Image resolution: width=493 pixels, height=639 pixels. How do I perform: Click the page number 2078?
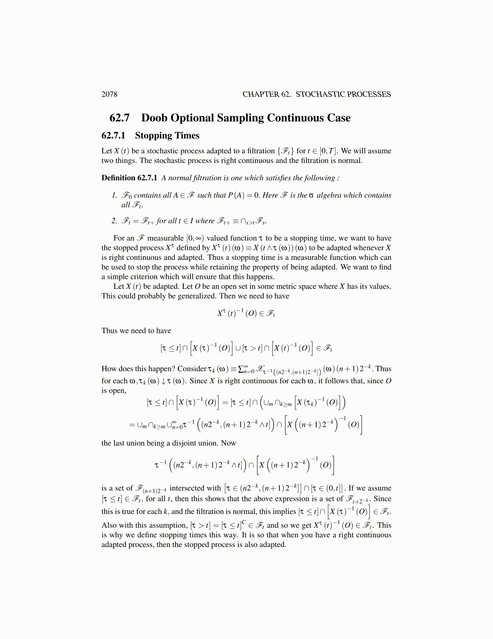[x=109, y=94]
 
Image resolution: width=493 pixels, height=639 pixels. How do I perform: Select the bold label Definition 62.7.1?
[x=129, y=178]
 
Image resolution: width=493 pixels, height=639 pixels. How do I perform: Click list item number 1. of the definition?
[x=114, y=195]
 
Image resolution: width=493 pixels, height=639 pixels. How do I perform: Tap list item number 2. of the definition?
[x=114, y=221]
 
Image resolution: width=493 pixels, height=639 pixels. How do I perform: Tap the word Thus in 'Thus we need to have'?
[x=109, y=331]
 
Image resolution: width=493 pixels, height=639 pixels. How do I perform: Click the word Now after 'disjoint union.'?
[x=228, y=443]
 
